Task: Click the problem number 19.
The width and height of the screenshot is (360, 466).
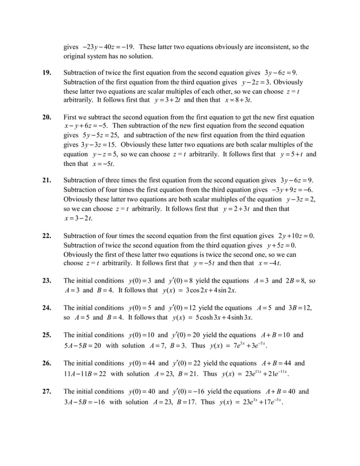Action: [x=47, y=73]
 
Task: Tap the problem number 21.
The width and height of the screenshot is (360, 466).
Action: [x=47, y=181]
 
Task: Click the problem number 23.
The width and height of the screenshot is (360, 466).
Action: [x=47, y=281]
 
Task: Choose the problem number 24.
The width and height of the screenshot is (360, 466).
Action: [x=47, y=308]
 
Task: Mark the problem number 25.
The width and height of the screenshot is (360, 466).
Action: [x=47, y=335]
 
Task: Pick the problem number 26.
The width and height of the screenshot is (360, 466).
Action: [x=47, y=364]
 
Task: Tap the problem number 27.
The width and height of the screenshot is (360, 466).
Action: [x=47, y=392]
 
